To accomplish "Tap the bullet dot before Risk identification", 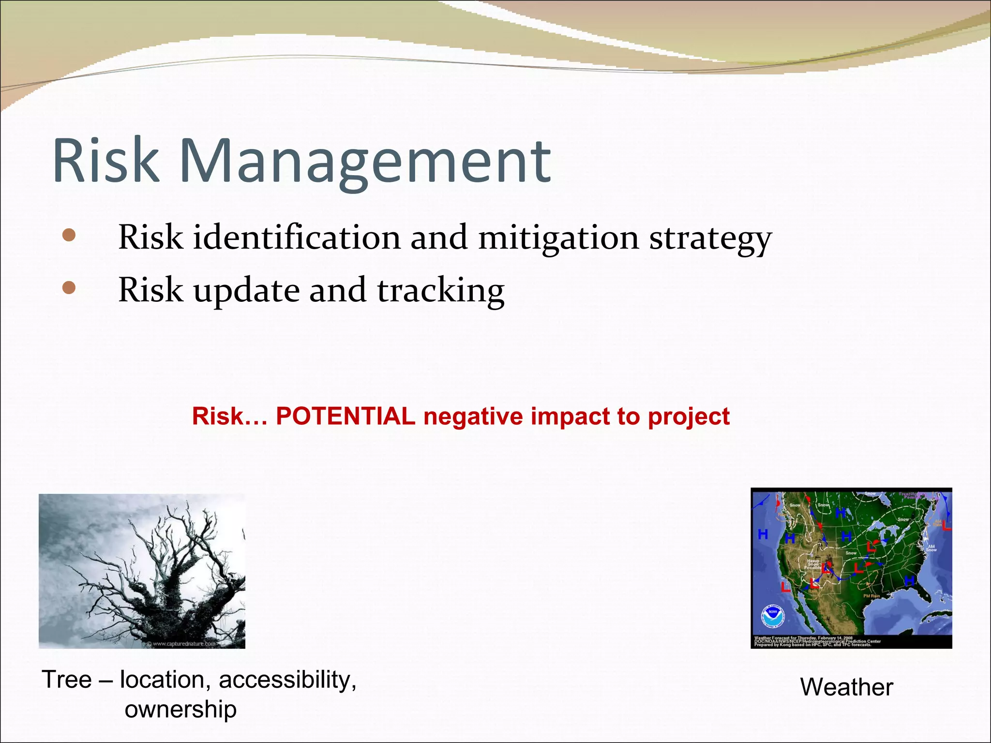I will tap(69, 235).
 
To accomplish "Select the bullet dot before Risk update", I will tap(69, 288).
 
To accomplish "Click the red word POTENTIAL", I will tap(345, 416).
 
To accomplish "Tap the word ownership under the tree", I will tap(180, 710).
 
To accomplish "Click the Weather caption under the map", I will tap(846, 687).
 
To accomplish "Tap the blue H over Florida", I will tap(910, 580).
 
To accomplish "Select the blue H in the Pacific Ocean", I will tap(763, 534).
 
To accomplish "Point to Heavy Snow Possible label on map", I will tap(813, 564).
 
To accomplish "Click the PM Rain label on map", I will tap(871, 596).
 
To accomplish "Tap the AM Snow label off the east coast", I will tap(931, 548).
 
